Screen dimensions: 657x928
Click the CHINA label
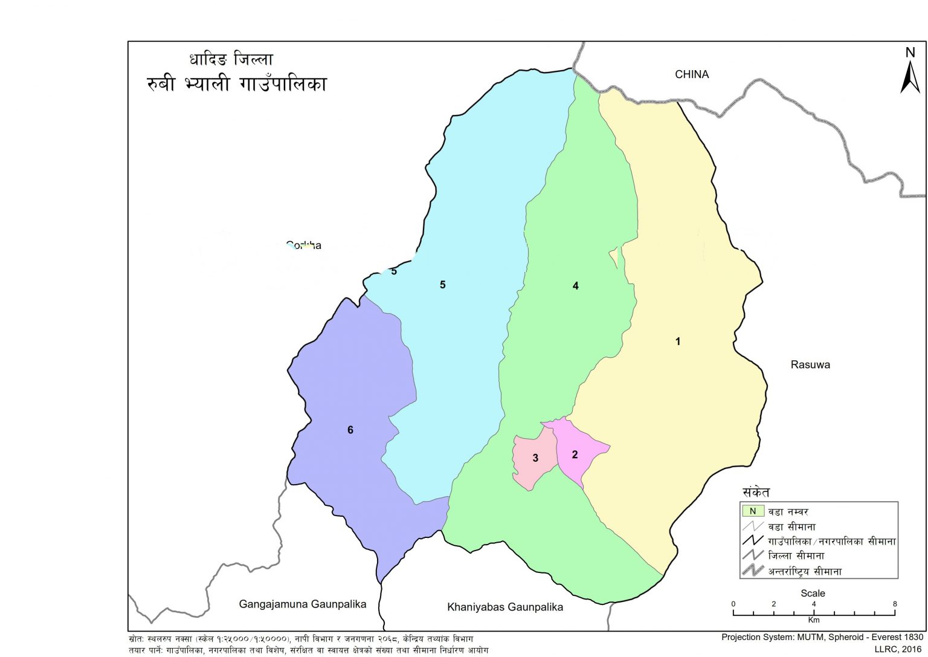[x=692, y=74]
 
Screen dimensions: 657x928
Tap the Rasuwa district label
[x=810, y=364]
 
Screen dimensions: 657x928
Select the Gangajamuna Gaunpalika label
[x=302, y=604]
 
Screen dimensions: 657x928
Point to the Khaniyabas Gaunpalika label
[x=504, y=607]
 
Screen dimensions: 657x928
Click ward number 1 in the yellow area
[x=678, y=341]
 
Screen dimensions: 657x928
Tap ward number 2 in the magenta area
[x=575, y=455]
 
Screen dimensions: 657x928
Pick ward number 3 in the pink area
[x=535, y=458]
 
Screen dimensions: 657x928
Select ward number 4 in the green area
[x=576, y=286]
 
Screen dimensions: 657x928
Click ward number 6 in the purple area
[x=350, y=430]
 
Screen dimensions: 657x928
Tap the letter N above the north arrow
[x=910, y=53]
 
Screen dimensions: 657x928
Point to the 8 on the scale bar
[x=895, y=604]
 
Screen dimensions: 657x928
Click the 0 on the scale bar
[x=733, y=604]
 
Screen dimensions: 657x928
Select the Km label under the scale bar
[x=814, y=620]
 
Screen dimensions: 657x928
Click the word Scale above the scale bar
[x=813, y=593]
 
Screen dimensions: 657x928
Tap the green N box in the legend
[x=753, y=511]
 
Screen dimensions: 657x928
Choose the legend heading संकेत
[x=756, y=492]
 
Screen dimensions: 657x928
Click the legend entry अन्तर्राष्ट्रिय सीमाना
[x=805, y=571]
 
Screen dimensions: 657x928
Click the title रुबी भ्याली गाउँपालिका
[x=236, y=83]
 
